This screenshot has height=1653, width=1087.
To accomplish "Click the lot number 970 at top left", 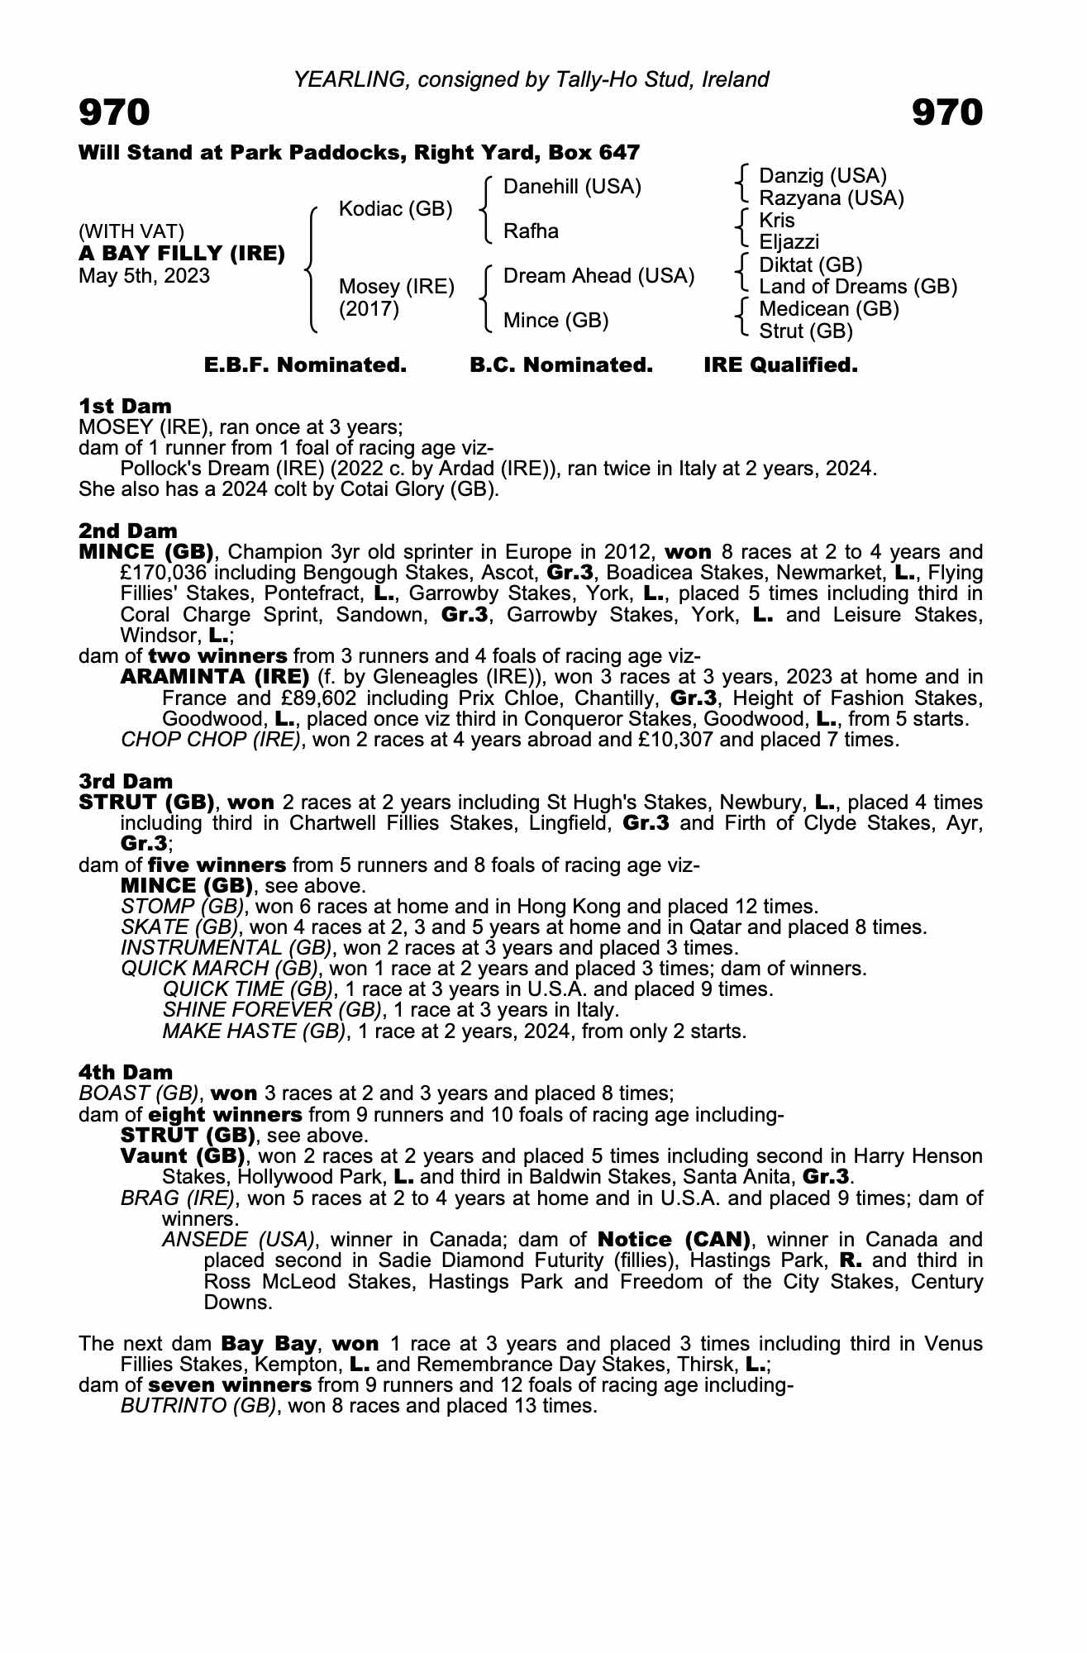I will [114, 112].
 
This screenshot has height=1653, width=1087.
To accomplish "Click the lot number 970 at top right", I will [947, 112].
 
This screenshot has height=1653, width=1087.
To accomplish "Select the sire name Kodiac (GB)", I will [395, 209].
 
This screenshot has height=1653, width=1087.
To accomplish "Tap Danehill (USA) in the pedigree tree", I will [572, 187].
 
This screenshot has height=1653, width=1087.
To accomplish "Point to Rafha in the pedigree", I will [531, 231].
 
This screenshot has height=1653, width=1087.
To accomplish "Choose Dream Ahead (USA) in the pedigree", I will [598, 276].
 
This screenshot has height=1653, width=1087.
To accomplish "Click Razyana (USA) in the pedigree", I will [831, 198].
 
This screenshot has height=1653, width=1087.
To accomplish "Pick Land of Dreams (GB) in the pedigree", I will [858, 287].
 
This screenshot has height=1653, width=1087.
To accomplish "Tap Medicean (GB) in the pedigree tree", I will [828, 309].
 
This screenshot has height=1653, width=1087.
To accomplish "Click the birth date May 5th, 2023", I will [144, 276].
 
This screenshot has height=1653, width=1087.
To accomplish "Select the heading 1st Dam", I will [125, 406].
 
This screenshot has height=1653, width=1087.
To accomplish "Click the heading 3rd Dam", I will [126, 781].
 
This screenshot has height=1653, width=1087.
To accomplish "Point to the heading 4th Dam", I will [126, 1072].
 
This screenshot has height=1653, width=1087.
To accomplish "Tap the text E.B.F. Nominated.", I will [305, 365].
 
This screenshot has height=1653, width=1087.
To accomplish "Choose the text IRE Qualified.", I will [779, 365].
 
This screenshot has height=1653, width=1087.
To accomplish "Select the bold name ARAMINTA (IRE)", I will [215, 677].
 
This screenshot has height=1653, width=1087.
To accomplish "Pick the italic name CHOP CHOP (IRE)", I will [210, 740].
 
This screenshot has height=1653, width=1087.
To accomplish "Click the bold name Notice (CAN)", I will [674, 1240].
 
